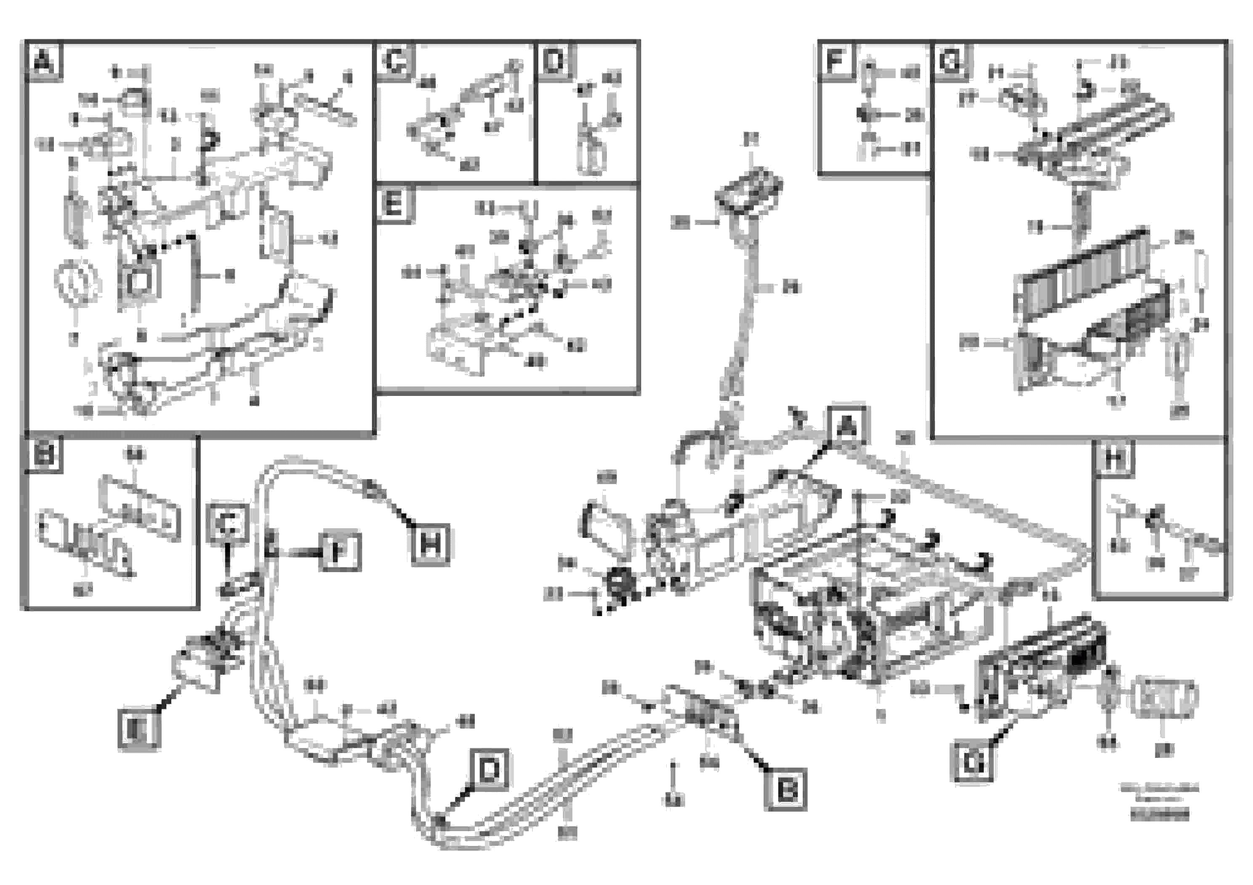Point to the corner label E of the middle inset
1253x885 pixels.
pyautogui.click(x=394, y=205)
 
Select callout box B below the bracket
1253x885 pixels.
pyautogui.click(x=786, y=789)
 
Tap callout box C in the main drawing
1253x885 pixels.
pyautogui.click(x=229, y=524)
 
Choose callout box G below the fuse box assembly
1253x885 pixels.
pyautogui.click(x=972, y=762)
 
